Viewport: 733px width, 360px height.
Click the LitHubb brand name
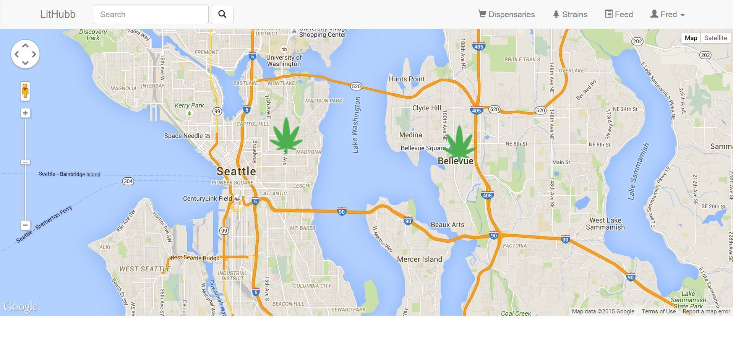pyautogui.click(x=58, y=15)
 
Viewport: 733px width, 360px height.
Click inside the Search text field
pyautogui.click(x=151, y=15)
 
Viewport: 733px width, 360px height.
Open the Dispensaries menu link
pyautogui.click(x=506, y=15)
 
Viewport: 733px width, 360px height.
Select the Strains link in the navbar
pyautogui.click(x=570, y=15)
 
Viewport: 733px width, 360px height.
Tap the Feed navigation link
pyautogui.click(x=619, y=15)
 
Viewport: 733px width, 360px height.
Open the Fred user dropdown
pyautogui.click(x=667, y=15)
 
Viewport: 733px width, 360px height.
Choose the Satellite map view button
pyautogui.click(x=715, y=38)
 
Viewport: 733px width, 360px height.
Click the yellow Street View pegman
pyautogui.click(x=25, y=91)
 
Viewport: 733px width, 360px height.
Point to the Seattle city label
pyautogui.click(x=236, y=171)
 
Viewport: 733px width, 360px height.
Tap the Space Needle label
pyautogui.click(x=183, y=136)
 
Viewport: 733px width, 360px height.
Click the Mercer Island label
pyautogui.click(x=419, y=259)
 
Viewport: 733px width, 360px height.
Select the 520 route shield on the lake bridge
pyautogui.click(x=356, y=86)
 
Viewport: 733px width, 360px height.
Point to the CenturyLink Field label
pyautogui.click(x=208, y=199)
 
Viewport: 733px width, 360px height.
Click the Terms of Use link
pyautogui.click(x=658, y=311)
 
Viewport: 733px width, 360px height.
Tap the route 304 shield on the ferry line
pyautogui.click(x=128, y=181)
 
